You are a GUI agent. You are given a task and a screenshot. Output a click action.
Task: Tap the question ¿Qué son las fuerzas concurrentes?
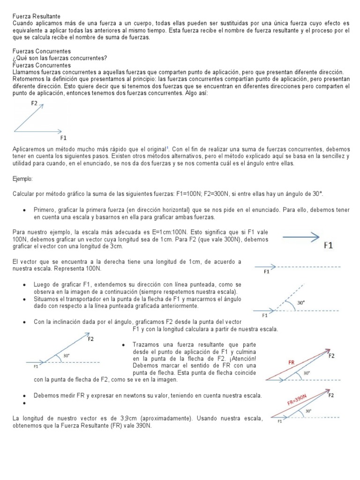60,58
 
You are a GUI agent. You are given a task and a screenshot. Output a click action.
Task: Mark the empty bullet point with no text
24,403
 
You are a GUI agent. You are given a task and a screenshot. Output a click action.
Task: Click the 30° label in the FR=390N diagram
307,411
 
